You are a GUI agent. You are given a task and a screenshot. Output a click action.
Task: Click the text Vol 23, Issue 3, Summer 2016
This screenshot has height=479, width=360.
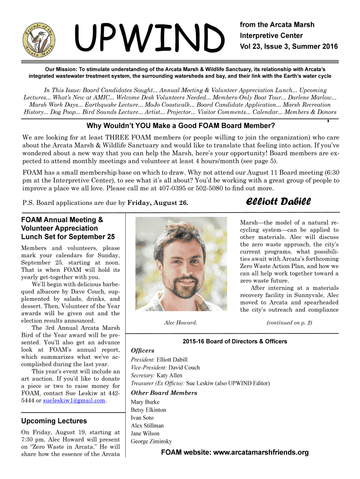pos(288,47)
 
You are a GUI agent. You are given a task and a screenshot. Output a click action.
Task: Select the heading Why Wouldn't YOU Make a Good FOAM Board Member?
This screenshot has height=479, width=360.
pos(180,126)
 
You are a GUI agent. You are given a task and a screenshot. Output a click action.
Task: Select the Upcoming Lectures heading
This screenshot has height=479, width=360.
pos(54,421)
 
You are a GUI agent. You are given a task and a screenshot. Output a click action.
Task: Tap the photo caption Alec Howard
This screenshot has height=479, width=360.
pos(180,323)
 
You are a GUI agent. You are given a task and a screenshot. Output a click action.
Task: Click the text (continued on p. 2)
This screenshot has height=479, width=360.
pos(289,323)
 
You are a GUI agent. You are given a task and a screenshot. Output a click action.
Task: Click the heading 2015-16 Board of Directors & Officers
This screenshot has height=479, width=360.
pos(235,341)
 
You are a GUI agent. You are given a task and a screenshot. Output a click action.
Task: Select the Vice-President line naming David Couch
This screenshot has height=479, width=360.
pos(165,368)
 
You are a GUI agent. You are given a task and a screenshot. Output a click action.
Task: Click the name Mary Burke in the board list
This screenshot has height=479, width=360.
pos(145,402)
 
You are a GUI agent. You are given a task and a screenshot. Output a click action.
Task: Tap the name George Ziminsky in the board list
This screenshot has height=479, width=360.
pos(151,442)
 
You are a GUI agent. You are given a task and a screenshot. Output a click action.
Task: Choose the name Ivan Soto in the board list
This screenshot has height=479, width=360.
pos(142,418)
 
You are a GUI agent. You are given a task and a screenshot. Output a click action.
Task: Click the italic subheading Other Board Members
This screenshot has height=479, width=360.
pos(164,393)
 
